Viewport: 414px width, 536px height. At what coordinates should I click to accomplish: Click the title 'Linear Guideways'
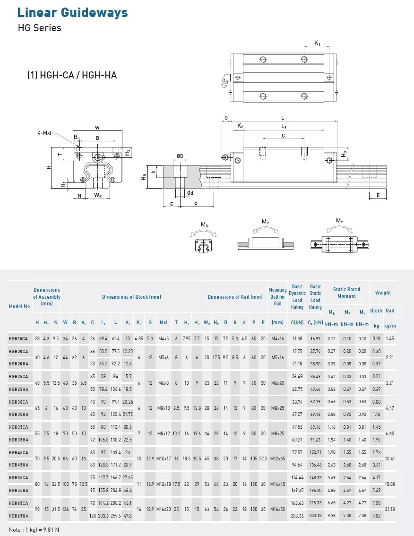click(72, 13)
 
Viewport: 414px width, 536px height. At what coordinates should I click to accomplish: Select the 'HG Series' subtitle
click(39, 28)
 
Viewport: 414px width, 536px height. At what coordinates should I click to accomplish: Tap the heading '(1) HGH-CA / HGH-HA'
click(72, 75)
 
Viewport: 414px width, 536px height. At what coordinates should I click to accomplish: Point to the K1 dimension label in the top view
click(317, 43)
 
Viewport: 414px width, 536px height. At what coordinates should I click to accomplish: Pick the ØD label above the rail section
click(180, 156)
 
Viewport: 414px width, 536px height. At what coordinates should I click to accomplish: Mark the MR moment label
click(204, 225)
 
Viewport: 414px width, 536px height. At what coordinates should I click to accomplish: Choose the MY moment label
click(339, 221)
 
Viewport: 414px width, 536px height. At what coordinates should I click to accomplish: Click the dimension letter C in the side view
click(283, 136)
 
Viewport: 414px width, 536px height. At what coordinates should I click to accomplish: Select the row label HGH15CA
click(18, 338)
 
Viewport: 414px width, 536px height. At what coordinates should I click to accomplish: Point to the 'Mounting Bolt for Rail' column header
click(277, 297)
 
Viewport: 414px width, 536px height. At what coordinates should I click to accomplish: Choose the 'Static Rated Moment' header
click(346, 293)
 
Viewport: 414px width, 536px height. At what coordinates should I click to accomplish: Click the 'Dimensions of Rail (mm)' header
click(235, 297)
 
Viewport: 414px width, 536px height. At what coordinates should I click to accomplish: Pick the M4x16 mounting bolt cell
click(277, 338)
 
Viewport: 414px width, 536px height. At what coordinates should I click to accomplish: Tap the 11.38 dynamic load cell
click(297, 338)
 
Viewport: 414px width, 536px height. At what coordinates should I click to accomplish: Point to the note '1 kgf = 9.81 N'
click(34, 529)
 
